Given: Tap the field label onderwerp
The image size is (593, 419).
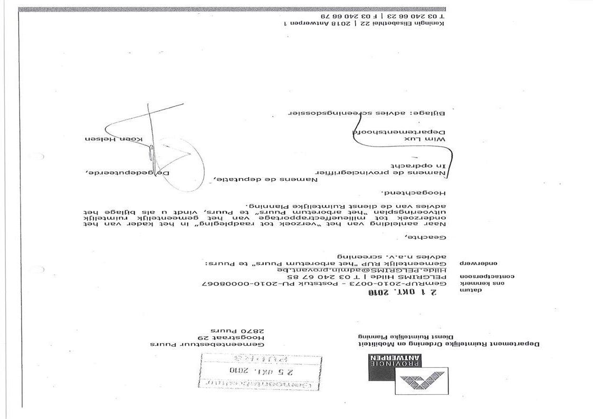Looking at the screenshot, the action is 480,262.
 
